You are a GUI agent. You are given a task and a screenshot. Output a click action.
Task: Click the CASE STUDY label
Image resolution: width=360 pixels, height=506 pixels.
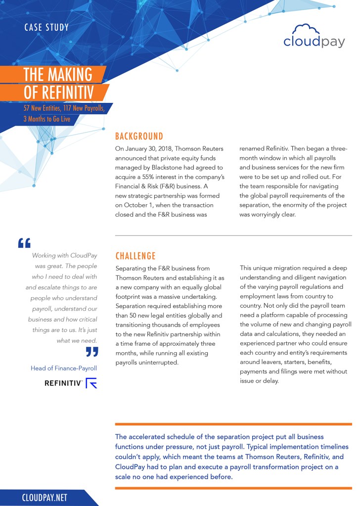click(46, 27)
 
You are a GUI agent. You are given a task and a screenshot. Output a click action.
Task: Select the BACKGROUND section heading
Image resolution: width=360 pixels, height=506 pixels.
click(139, 136)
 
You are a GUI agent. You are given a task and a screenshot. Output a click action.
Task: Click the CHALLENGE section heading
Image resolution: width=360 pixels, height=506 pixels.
click(135, 256)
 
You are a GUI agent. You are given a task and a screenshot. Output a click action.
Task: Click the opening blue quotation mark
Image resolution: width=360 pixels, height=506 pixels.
click(24, 243)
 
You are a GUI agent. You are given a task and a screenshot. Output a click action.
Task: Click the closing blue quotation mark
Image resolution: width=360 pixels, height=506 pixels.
click(92, 352)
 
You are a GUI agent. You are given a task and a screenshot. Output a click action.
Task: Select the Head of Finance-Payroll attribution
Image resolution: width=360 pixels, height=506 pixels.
click(64, 368)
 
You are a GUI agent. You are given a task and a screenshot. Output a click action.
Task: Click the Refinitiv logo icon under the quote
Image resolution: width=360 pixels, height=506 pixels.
click(91, 383)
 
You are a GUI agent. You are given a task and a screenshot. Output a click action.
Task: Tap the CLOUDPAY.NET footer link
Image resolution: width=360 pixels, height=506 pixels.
click(45, 498)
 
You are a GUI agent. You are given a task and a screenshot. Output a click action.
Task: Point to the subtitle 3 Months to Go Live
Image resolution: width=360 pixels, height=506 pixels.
click(46, 119)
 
